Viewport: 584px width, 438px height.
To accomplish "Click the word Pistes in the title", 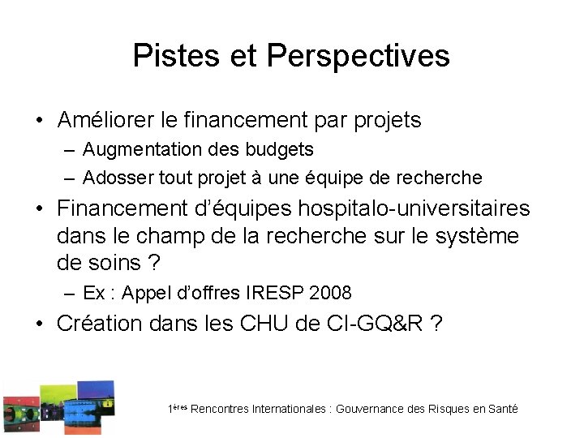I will click(x=165, y=56).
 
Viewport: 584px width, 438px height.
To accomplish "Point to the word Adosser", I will click(x=114, y=177).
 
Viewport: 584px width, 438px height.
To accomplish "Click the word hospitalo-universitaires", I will click(x=414, y=208).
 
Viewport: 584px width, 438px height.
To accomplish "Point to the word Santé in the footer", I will click(x=503, y=410).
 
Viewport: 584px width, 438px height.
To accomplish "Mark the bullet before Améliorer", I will click(x=39, y=122).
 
